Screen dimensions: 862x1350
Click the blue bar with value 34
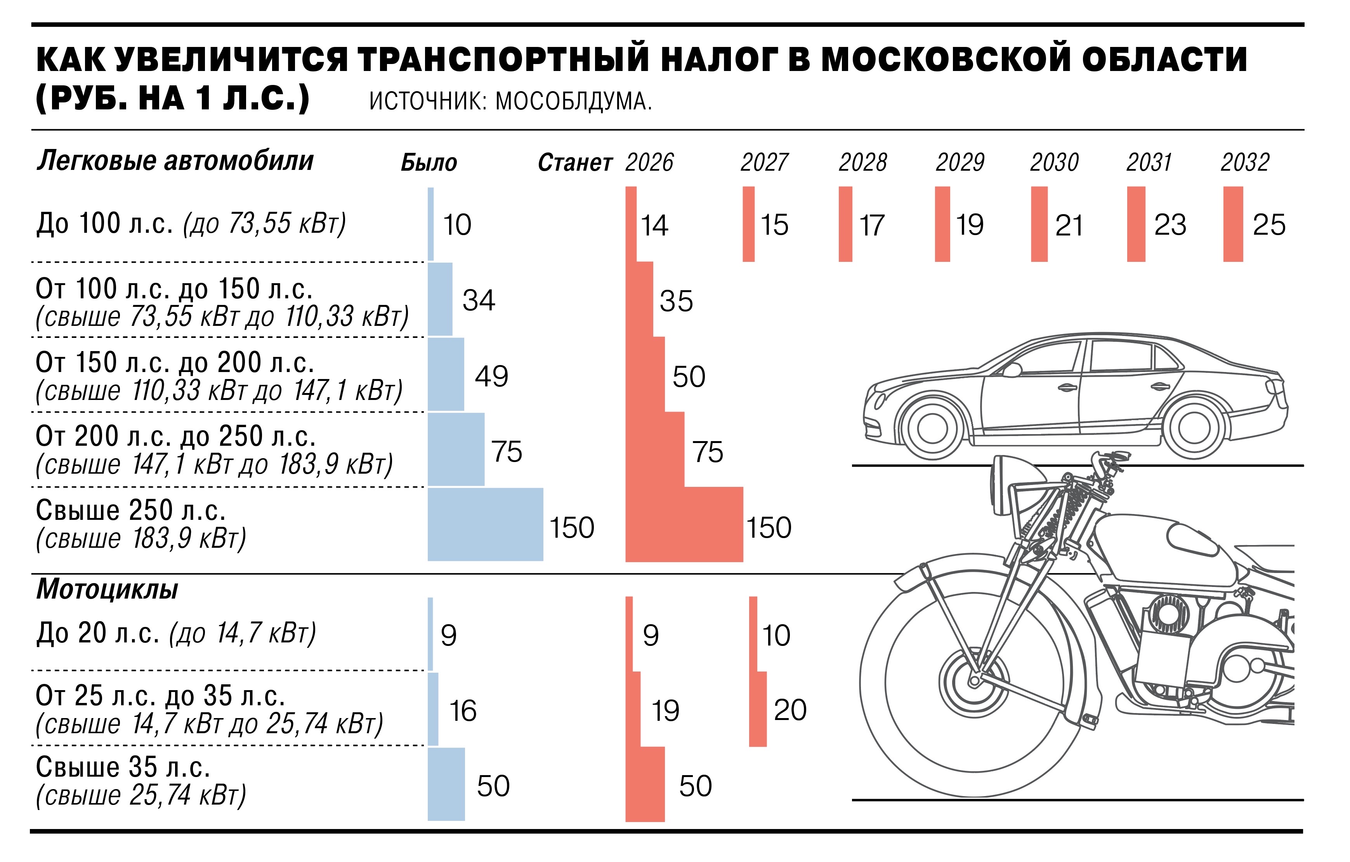coord(439,299)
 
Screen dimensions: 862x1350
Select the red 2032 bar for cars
coord(1232,224)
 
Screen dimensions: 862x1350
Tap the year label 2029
coord(960,163)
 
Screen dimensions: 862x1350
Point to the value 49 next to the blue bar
coord(491,376)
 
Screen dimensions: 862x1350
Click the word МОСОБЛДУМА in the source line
coord(573,101)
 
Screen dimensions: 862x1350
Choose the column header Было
coord(429,163)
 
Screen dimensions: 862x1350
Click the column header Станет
coord(574,163)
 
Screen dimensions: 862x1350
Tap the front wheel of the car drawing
coord(932,429)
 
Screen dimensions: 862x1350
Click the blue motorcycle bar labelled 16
coord(433,709)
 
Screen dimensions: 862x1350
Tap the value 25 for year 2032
coord(1269,225)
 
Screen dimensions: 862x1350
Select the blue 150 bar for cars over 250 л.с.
coord(485,524)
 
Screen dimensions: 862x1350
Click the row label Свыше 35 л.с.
coord(123,767)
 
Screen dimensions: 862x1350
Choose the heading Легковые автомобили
coord(175,161)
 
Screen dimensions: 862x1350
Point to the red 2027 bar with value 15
coord(748,224)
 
